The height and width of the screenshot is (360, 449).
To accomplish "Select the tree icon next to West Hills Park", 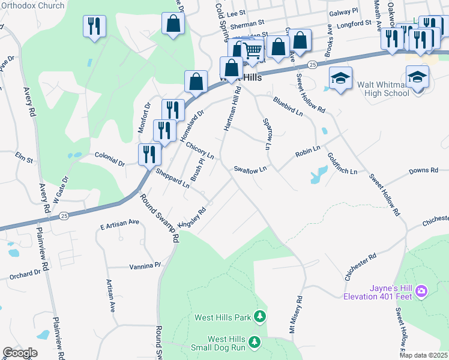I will [259, 316].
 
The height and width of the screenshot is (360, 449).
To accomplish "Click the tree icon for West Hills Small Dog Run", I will [255, 342].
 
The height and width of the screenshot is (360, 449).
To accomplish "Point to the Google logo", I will [20, 353].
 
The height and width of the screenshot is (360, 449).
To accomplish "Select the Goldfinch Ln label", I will [342, 163].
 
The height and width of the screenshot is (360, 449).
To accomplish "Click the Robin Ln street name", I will [307, 151].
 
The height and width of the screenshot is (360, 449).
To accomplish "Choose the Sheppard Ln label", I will [172, 178].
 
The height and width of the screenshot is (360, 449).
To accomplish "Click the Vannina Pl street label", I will [146, 265].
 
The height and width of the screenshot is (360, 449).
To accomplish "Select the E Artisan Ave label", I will [119, 222].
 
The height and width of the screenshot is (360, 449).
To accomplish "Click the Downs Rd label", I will [423, 171].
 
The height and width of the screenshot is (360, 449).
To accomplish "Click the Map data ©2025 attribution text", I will [423, 355].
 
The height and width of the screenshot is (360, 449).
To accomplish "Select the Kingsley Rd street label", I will [192, 219].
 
